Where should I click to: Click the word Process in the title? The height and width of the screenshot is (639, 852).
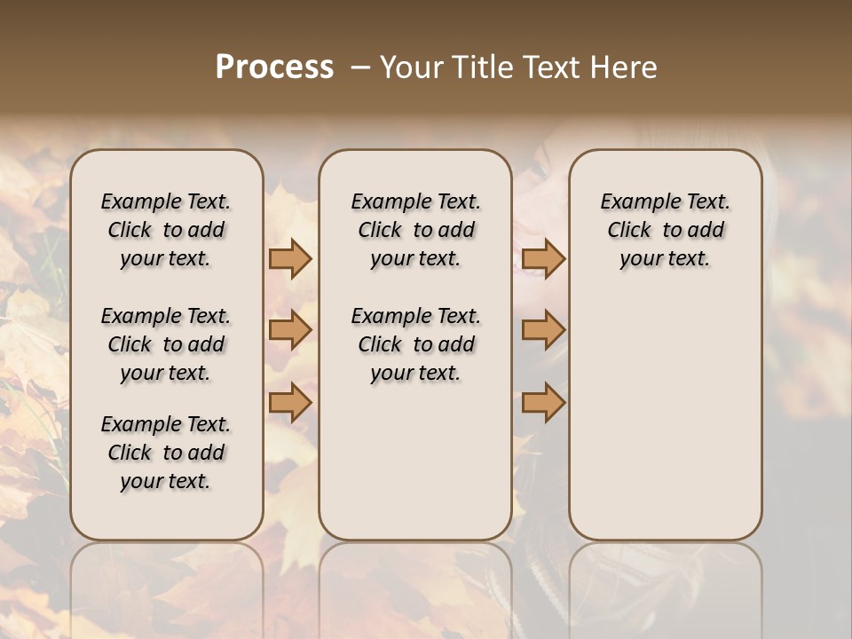(x=274, y=67)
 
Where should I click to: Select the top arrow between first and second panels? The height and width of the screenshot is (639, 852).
(x=290, y=259)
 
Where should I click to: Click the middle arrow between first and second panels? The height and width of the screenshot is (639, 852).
(x=290, y=331)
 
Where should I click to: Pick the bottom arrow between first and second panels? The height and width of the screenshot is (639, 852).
(x=290, y=403)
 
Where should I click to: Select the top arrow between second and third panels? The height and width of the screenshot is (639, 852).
(x=543, y=259)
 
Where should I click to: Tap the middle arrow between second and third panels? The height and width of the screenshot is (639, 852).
(x=543, y=331)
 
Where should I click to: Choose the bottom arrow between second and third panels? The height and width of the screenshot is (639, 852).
(x=543, y=403)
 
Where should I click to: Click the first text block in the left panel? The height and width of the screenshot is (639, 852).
(x=166, y=230)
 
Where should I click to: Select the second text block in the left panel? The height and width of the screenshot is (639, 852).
(x=166, y=344)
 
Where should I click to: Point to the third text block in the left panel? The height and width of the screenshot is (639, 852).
(x=166, y=453)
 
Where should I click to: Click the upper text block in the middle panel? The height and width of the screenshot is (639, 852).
(x=415, y=230)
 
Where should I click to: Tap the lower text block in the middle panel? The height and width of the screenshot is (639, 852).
(x=415, y=344)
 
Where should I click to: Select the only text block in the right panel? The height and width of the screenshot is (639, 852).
(x=666, y=230)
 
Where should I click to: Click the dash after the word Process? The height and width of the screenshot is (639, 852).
(x=360, y=67)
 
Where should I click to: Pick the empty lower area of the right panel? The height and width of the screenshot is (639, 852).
(x=666, y=408)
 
